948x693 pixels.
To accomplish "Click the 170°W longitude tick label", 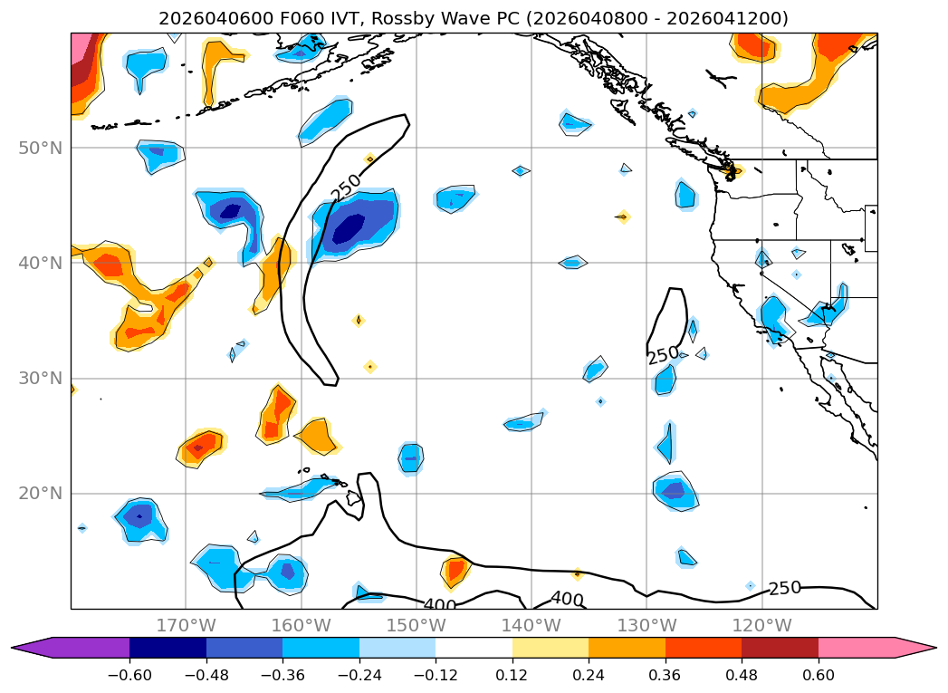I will [x=186, y=625].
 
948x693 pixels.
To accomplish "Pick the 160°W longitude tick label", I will [x=301, y=625].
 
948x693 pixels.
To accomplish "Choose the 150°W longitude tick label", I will [x=416, y=625].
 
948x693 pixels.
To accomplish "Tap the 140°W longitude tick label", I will [x=531, y=625].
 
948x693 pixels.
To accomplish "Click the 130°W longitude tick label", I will [x=646, y=625].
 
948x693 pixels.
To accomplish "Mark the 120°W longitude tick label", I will [x=761, y=625].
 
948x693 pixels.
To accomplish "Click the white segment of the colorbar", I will [x=474, y=647].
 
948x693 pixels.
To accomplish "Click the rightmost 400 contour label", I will [x=567, y=599].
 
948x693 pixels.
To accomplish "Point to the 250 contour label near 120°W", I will [x=784, y=588].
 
